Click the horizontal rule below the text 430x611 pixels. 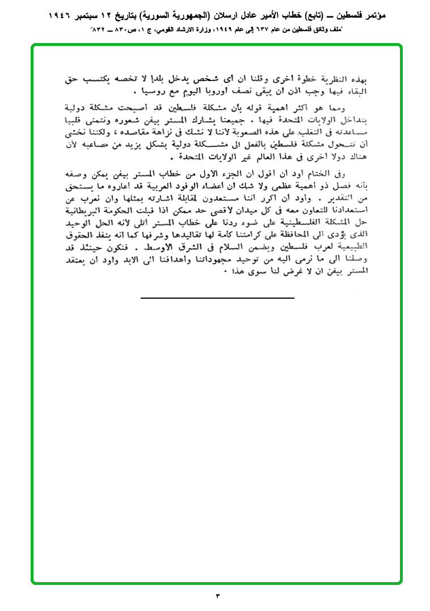point(217,297)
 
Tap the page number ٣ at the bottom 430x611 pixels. point(217,596)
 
